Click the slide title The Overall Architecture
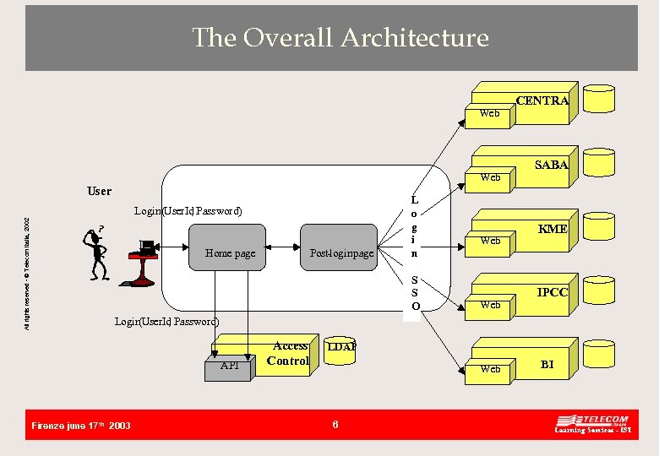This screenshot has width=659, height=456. [340, 37]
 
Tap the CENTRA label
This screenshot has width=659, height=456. [542, 100]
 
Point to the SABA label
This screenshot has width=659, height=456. [551, 165]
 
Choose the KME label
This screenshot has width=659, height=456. [553, 229]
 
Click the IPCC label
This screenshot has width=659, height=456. [553, 293]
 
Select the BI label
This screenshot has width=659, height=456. [547, 364]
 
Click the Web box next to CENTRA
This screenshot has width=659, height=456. [489, 113]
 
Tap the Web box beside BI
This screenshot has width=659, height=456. [489, 369]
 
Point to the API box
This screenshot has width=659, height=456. [229, 366]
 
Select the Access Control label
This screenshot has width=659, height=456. [289, 353]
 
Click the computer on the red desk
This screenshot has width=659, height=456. [146, 249]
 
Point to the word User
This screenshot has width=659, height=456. [99, 191]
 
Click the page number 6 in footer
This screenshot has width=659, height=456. [335, 425]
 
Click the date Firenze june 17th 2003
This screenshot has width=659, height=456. [80, 426]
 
